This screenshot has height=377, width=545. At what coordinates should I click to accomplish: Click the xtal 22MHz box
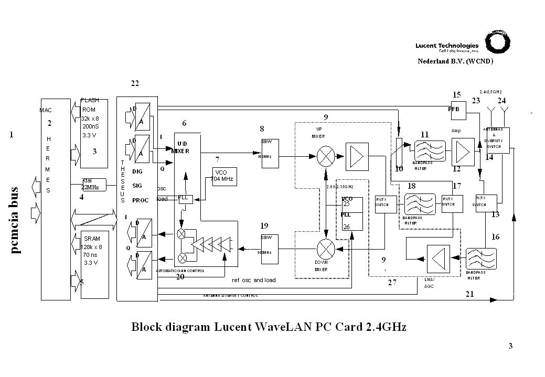pos(93,184)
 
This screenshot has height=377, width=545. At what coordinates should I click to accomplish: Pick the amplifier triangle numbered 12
pos(463,151)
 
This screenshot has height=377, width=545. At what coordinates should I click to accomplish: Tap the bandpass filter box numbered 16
pos(481,260)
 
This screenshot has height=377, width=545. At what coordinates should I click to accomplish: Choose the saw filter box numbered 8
pos(270,153)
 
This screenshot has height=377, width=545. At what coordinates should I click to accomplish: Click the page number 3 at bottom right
pos(511,346)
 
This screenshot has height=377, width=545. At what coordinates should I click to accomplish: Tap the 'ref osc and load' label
pos(253,280)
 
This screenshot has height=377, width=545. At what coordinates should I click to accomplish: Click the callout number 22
pos(135,84)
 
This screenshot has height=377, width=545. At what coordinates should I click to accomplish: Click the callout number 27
pos(392,283)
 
